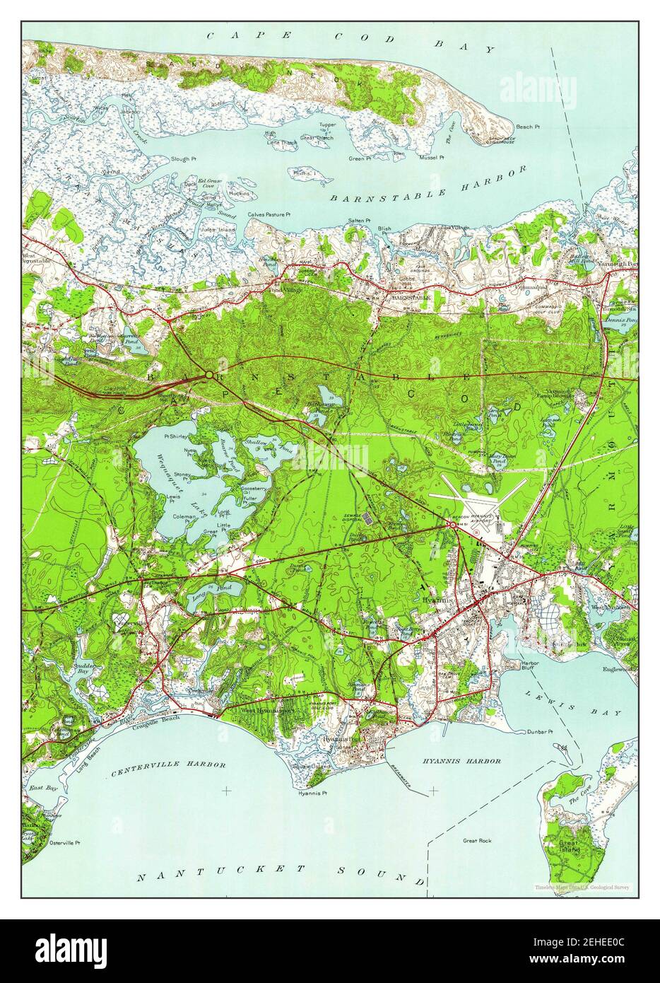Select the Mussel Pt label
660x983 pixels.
click(x=432, y=157)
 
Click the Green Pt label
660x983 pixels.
click(x=359, y=159)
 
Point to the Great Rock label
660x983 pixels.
click(x=477, y=841)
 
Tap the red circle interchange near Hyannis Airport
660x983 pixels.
click(x=452, y=525)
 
